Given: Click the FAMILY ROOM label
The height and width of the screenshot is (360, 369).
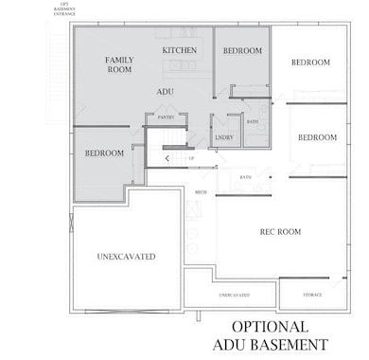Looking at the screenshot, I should pos(119,65).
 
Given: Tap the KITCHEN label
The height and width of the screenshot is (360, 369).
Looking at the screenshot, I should pos(180,49).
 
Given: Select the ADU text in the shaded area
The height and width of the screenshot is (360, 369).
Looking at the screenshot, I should pos(166,91).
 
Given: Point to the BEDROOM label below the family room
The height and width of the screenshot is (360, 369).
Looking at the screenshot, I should pos(104,153).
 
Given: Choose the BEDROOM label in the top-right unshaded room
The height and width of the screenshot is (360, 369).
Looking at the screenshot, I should pos(310,63).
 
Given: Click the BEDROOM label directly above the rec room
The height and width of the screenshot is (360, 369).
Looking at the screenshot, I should pos(317,137).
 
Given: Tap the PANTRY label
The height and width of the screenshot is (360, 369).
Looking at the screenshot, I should pos(165,117).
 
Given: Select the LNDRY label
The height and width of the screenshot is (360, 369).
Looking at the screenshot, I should pos(223,138).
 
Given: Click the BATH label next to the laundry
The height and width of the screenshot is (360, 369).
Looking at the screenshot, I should pos(253,122).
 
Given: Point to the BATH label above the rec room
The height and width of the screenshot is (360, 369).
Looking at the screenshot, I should pos(245,177).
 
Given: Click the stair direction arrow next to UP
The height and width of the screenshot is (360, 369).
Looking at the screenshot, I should pos(167,158).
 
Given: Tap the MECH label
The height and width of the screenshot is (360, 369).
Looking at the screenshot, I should pos(201,192).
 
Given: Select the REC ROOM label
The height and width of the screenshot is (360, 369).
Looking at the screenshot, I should pos(280,231).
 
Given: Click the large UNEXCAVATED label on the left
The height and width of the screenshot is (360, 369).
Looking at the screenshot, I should pos(126,257).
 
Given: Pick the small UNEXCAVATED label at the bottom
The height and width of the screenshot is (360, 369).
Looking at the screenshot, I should pos(234,295).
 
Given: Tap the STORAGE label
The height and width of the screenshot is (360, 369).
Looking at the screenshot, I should pos(312,295).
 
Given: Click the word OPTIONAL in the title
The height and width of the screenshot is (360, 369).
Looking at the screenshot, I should pos(270,326).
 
